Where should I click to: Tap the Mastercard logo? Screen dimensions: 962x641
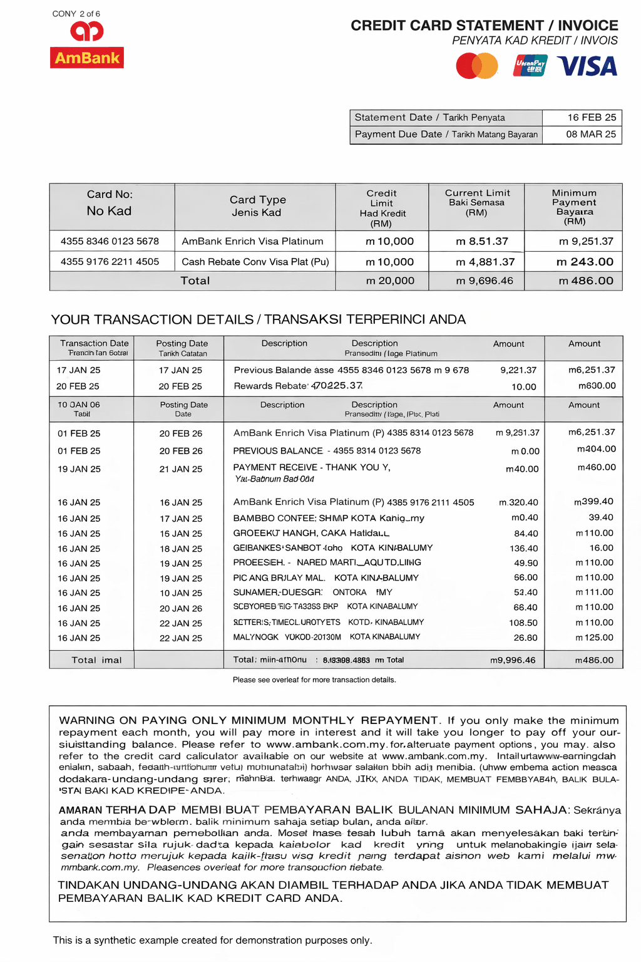477,66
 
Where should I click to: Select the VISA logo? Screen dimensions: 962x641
587,66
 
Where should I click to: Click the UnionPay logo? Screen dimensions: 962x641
530,66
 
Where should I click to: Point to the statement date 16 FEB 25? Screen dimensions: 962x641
592,117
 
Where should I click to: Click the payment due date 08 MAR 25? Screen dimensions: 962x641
591,134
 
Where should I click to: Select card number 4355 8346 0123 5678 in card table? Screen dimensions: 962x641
110,241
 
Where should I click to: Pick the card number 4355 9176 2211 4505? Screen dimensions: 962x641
110,262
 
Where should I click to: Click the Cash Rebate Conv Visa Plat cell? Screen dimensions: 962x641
255,262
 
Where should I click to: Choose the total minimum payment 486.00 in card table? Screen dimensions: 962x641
586,281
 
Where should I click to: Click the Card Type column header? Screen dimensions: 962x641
257,205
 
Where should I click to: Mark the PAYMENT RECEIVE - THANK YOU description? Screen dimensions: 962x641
311,467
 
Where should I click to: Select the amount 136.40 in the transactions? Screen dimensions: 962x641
523,549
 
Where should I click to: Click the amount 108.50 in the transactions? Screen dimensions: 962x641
523,623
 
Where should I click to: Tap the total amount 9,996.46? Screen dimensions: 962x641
512,660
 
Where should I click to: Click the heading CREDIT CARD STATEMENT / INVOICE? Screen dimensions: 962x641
484,26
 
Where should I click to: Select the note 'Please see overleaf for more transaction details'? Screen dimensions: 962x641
314,680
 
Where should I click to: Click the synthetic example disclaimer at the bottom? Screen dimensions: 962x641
212,940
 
